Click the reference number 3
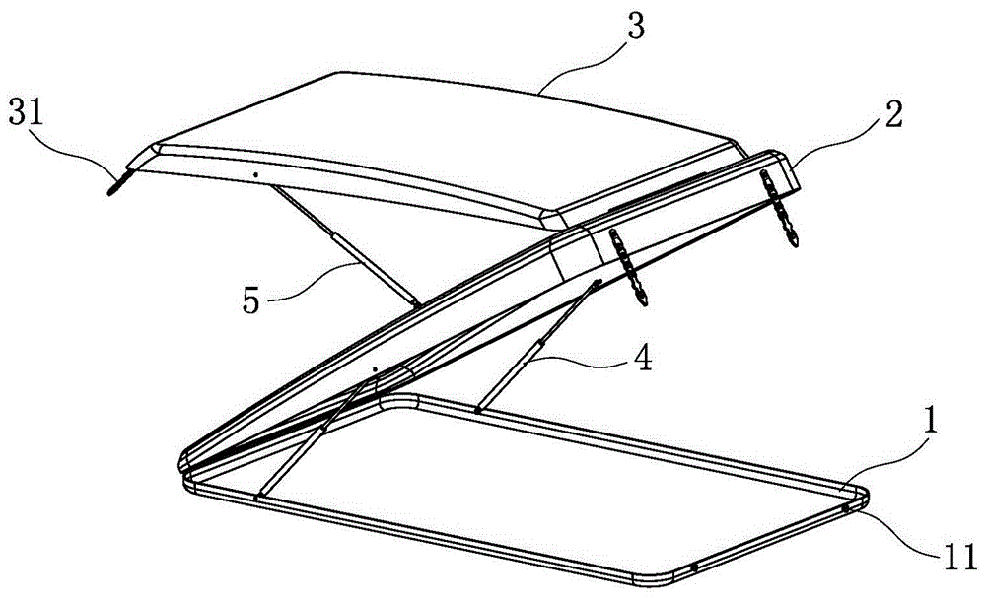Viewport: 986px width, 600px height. [636, 28]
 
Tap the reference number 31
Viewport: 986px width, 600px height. [26, 115]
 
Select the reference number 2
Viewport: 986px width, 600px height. [893, 114]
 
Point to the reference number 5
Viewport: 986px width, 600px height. [251, 301]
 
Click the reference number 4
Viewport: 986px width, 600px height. [642, 358]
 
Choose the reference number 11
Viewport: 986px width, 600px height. [959, 557]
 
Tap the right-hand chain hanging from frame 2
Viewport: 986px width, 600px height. [780, 208]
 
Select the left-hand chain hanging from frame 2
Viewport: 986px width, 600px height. [627, 267]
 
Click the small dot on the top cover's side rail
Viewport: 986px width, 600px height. [254, 174]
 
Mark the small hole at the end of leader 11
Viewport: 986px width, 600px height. [846, 507]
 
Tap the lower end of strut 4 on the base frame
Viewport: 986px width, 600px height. [478, 411]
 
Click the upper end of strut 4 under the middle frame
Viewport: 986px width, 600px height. [599, 282]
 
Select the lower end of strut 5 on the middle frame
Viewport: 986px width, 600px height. [416, 304]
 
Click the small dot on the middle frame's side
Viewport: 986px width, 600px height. [374, 370]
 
